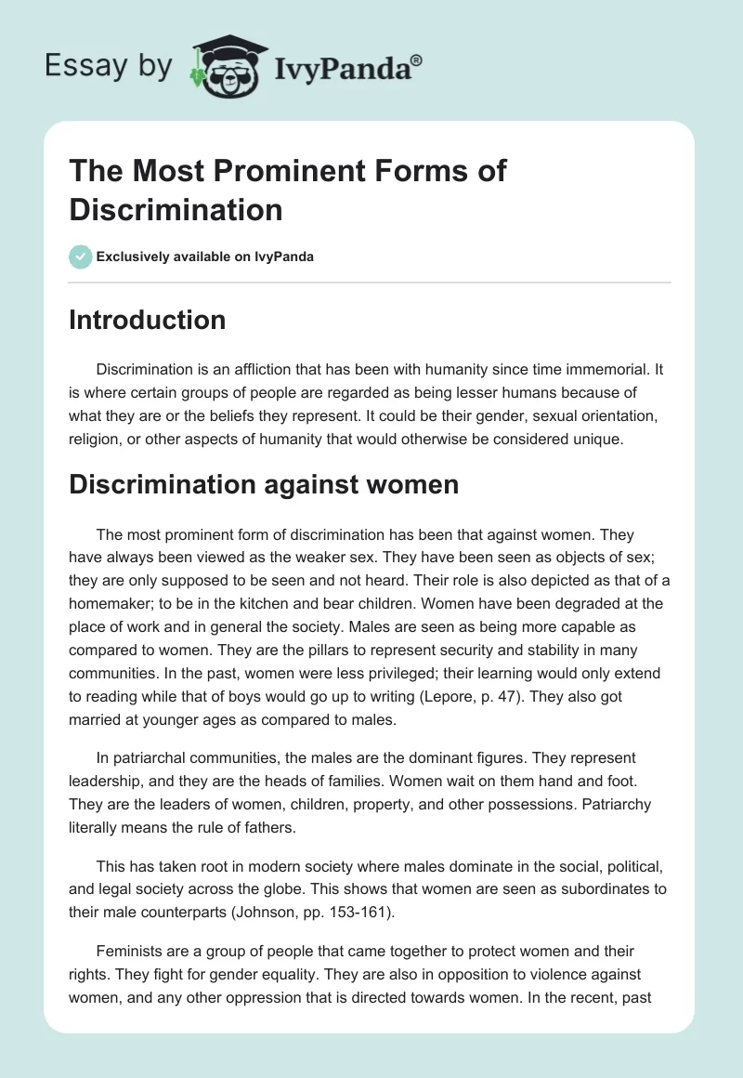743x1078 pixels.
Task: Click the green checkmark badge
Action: (x=81, y=256)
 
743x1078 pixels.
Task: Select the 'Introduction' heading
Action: (x=148, y=320)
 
